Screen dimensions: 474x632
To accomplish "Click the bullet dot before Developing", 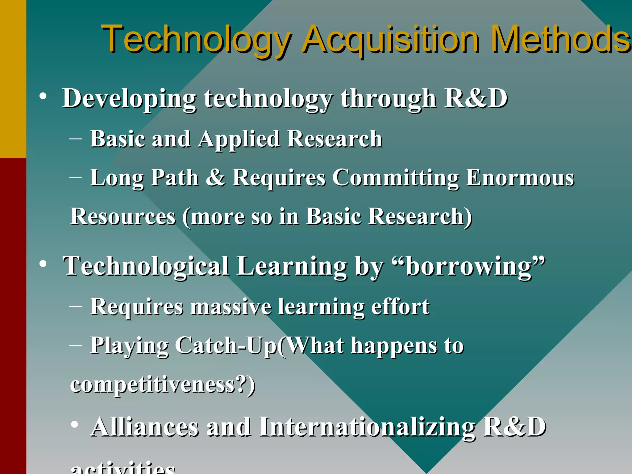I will click(x=43, y=96).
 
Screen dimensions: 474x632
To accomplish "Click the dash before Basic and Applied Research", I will click(x=76, y=139).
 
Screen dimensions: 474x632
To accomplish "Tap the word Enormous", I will click(x=520, y=178).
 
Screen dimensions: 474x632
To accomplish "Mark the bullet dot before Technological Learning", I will click(x=43, y=264).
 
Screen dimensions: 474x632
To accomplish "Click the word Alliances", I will click(x=145, y=427).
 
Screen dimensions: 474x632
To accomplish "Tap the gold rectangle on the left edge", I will click(x=13, y=79).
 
